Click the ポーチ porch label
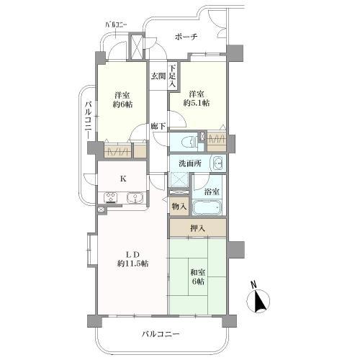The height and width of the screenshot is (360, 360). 186,37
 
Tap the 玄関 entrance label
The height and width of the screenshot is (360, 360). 158,76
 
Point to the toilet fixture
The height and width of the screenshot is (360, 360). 190,143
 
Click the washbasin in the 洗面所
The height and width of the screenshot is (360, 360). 218,163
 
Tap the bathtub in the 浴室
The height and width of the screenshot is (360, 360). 207,208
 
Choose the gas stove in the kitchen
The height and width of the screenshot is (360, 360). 111,198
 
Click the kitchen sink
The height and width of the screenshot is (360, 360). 135,198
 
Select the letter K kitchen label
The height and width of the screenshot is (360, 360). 123,179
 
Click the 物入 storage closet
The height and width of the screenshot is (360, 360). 179,206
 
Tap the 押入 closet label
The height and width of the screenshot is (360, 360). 197,228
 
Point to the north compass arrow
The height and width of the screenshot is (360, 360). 260,301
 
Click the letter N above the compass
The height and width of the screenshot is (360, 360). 253,284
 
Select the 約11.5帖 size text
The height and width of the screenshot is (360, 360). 132,264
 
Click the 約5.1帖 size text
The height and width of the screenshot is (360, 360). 197,103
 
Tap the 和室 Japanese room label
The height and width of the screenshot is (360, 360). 198,273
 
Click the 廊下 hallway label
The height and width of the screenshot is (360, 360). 158,126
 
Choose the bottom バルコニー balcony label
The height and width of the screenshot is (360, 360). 161,334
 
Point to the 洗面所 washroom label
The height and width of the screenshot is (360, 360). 190,163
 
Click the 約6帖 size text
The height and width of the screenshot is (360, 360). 122,104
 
